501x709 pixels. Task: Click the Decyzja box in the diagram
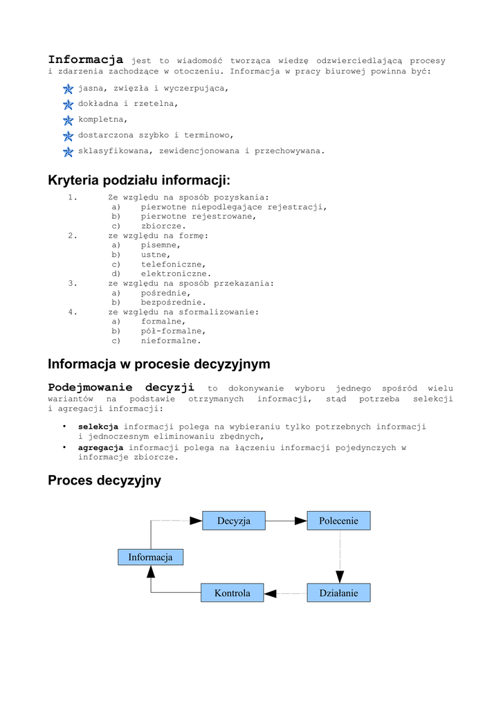[x=234, y=521]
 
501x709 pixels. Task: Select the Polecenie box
[x=338, y=521]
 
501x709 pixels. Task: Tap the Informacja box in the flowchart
[x=150, y=557]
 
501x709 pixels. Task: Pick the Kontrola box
[x=233, y=593]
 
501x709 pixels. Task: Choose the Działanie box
[x=338, y=593]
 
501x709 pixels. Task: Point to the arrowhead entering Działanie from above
[x=340, y=576]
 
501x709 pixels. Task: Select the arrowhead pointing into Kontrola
[x=271, y=593]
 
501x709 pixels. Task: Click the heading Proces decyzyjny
[x=104, y=481]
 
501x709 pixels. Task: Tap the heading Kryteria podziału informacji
[x=139, y=181]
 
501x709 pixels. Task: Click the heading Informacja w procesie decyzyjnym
[x=159, y=364]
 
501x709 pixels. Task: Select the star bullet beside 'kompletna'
[x=68, y=120]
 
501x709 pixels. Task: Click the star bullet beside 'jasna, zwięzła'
[x=68, y=89]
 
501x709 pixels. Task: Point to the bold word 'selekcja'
[x=98, y=427]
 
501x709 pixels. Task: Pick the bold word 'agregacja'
[x=100, y=448]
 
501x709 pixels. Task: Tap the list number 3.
[x=72, y=283]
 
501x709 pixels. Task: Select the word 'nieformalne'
[x=171, y=341]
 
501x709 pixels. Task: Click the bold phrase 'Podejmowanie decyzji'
[x=121, y=388]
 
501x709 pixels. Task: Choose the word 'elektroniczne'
[x=176, y=273]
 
